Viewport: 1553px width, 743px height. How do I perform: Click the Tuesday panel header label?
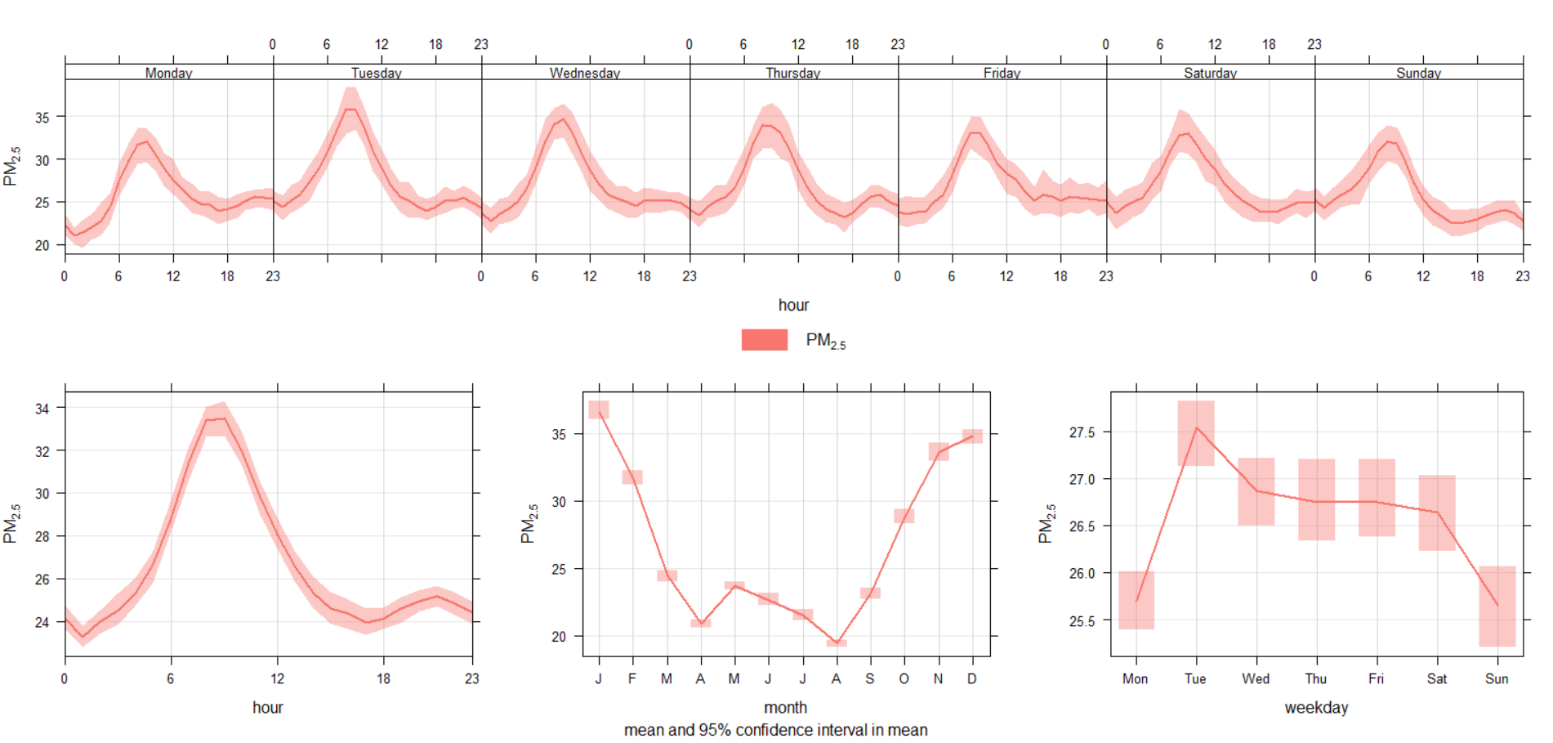(377, 73)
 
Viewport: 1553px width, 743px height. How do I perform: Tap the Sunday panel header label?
(1418, 73)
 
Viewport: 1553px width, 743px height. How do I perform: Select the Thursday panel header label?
(792, 73)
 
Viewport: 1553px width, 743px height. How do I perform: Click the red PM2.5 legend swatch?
(764, 339)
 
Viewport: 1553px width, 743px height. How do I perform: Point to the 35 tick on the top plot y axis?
(42, 118)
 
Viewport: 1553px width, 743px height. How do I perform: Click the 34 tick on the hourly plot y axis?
(42, 408)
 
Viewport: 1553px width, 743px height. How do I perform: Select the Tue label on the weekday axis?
(1195, 678)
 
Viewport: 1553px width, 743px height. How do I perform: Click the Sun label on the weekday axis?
(1497, 678)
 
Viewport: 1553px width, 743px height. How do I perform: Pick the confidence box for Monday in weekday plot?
(1136, 600)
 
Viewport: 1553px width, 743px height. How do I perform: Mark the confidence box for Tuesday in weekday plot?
(1196, 433)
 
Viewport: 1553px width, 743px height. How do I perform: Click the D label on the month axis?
(972, 678)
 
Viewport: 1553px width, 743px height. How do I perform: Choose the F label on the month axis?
(632, 678)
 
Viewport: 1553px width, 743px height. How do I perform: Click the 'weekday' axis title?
(1316, 707)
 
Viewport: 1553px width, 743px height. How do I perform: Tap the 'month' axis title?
(785, 707)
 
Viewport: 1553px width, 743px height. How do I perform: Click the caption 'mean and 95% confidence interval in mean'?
(775, 730)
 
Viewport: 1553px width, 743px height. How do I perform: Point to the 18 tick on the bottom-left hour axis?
(383, 678)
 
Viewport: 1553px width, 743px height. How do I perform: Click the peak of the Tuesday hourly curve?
(350, 110)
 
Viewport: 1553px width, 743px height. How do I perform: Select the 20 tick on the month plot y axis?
(559, 636)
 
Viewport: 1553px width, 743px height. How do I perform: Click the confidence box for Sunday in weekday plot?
(1497, 606)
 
